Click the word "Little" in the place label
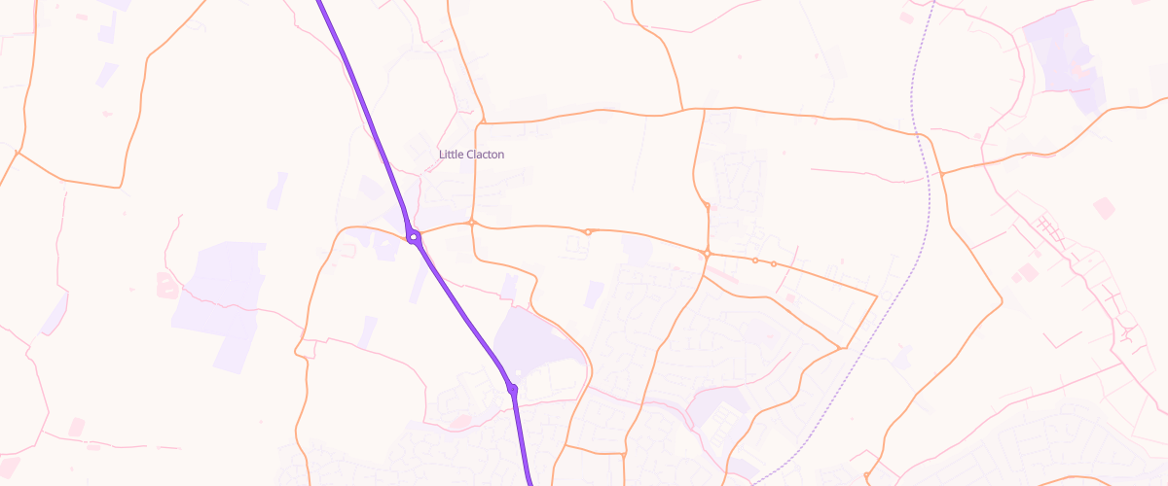451,155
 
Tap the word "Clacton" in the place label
485,155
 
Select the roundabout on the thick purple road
414,236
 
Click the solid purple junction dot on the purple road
512,389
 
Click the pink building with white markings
166,285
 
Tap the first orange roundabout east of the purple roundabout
472,223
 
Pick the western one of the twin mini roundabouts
754,260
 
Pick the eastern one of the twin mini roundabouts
773,263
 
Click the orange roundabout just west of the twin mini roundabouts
708,254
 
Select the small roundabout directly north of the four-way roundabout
707,205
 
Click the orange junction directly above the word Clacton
481,123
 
